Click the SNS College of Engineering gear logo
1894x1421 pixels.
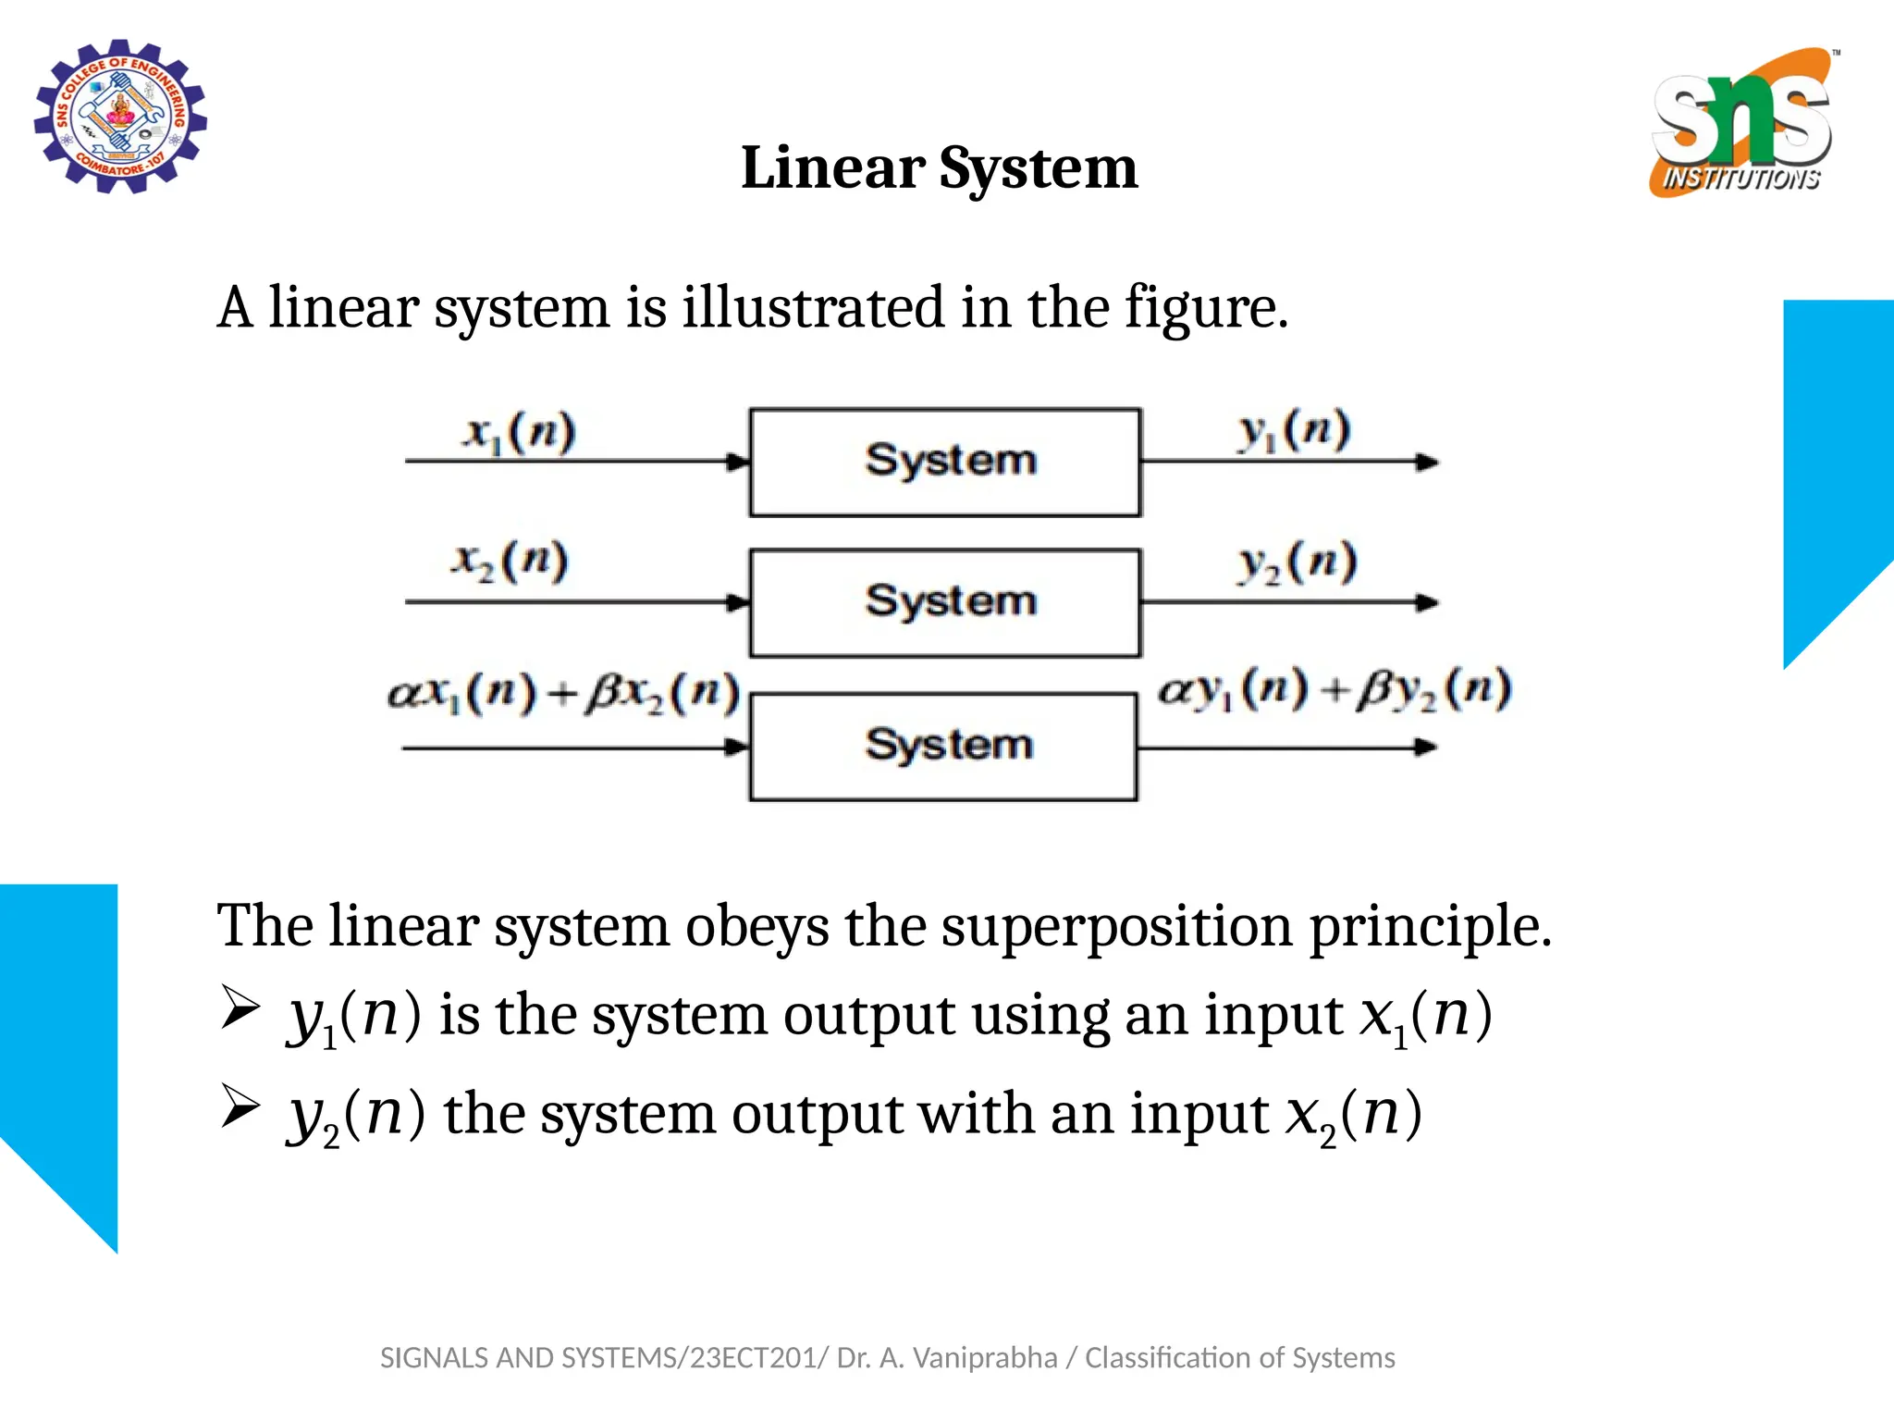tap(120, 117)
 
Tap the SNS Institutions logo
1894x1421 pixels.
tap(1741, 123)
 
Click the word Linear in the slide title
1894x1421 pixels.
tap(832, 169)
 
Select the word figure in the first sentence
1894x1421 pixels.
tap(1205, 308)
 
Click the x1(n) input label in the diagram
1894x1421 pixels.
tap(519, 433)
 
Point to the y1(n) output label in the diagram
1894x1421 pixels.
tap(1295, 431)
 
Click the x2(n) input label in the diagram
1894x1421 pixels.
tap(510, 562)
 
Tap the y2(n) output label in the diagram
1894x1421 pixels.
tap(1298, 562)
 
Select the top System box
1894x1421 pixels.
tap(945, 462)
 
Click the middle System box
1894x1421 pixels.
tap(945, 603)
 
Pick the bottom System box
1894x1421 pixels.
tap(943, 746)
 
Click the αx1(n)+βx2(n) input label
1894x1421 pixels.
tap(564, 693)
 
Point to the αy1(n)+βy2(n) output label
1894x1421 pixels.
tap(1334, 690)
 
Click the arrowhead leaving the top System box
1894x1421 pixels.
tap(1427, 462)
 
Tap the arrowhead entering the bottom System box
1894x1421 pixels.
tap(737, 747)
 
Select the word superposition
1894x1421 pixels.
tap(1116, 926)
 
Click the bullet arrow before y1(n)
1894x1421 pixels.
tap(240, 1007)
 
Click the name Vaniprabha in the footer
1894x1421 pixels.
tap(985, 1358)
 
